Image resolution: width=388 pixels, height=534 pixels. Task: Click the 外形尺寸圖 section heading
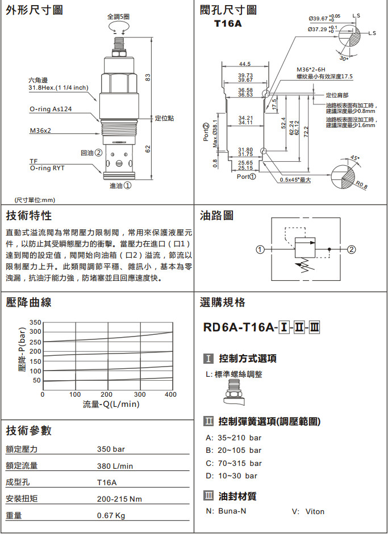34,10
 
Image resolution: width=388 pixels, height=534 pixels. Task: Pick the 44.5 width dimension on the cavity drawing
245,64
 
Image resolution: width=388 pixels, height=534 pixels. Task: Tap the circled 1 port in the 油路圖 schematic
260,249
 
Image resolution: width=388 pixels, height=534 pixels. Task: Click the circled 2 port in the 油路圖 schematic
352,249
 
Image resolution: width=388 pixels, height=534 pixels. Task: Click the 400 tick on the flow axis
170,394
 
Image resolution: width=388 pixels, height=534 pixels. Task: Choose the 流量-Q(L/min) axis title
111,404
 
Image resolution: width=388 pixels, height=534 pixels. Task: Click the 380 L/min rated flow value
115,466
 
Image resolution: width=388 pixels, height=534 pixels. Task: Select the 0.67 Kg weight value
111,516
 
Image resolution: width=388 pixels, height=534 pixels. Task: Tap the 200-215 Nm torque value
119,499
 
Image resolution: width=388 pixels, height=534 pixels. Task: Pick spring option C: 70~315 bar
233,463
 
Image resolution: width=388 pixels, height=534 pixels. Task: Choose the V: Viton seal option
308,511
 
